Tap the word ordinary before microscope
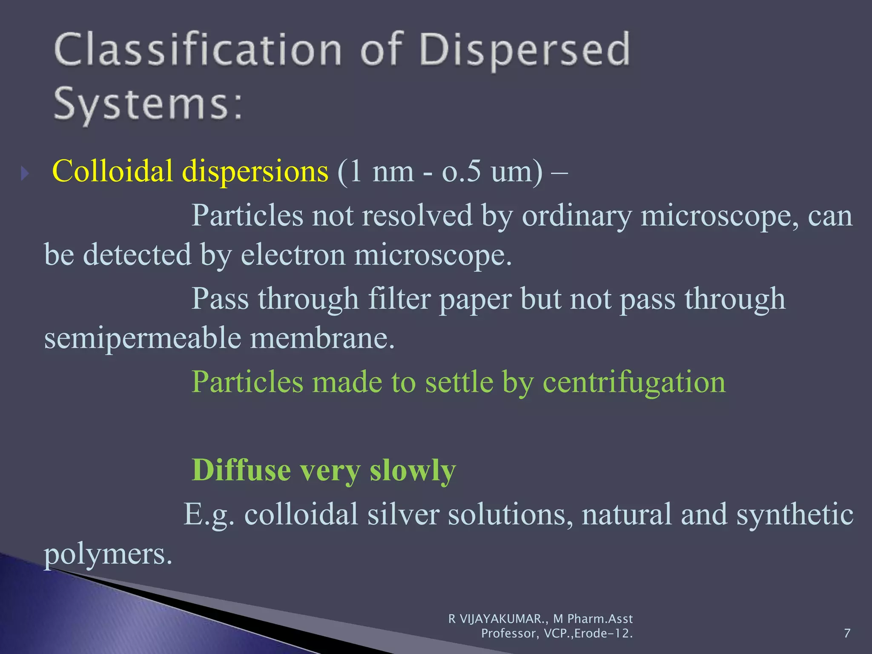(577, 215)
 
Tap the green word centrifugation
(634, 382)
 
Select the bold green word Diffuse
(241, 470)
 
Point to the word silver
(403, 514)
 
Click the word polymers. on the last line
(108, 554)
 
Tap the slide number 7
(847, 634)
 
